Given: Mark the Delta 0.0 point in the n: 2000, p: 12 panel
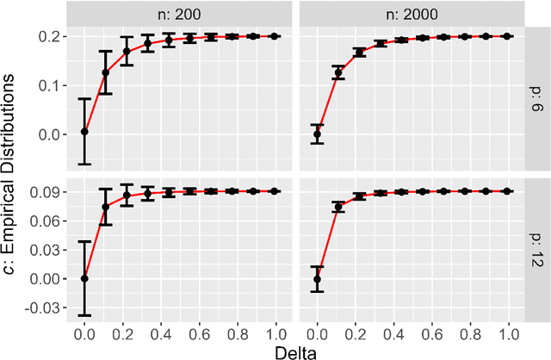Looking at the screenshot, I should pyautogui.click(x=317, y=279).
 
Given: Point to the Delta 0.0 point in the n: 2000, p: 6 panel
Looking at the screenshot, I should pyautogui.click(x=317, y=133).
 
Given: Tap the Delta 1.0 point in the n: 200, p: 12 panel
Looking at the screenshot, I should pyautogui.click(x=275, y=191).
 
